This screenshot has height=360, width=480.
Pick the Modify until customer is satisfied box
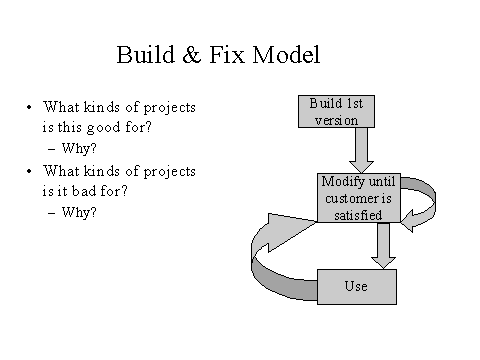click(358, 197)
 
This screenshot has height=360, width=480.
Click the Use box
click(356, 287)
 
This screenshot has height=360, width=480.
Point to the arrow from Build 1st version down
click(362, 150)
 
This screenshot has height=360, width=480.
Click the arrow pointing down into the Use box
click(381, 245)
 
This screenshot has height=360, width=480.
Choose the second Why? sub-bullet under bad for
click(78, 211)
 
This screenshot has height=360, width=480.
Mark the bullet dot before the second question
click(31, 170)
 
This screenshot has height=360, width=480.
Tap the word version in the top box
click(336, 119)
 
